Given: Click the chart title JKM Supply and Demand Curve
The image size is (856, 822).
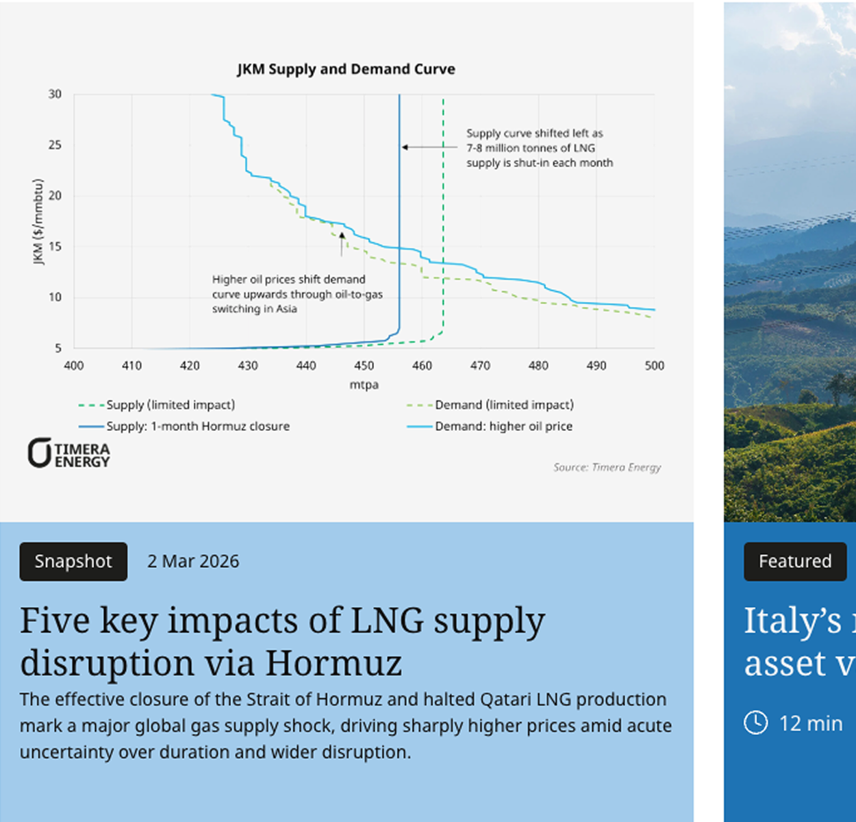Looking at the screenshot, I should (346, 69).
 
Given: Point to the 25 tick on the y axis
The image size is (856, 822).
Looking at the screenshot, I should (55, 145).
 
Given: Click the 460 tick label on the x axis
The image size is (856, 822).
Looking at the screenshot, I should (422, 366).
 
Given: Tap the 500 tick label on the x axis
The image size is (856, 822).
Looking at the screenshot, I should (654, 366).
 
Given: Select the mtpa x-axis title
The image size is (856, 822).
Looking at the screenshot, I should (364, 385).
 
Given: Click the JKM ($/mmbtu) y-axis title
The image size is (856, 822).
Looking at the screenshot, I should (38, 221).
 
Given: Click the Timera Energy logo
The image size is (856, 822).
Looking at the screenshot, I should (68, 453).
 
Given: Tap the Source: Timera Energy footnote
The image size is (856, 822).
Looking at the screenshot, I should (607, 467).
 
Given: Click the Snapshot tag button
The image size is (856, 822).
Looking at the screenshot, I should (73, 562).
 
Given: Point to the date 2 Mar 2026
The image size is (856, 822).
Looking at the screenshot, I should (193, 562).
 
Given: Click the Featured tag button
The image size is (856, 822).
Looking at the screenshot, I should (794, 562).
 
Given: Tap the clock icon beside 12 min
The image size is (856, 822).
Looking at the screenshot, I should (755, 723).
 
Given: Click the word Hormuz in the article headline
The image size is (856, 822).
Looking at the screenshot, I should (333, 663).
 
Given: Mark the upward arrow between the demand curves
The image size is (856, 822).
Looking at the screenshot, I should (342, 244).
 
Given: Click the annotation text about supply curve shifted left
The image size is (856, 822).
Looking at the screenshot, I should (539, 148).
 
